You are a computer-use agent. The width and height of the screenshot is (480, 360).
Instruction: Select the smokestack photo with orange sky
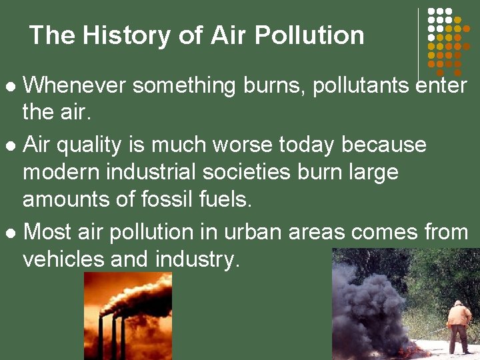pyautogui.click(x=127, y=315)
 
